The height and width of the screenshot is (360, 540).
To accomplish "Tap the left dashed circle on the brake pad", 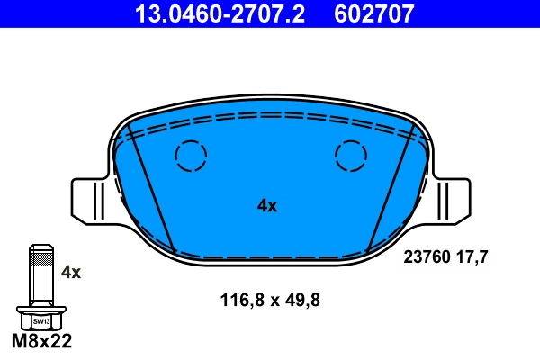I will coord(191,157).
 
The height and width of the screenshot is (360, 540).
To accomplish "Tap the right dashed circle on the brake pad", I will coord(350,157).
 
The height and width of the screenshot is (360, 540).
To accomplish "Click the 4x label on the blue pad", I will coord(267,205).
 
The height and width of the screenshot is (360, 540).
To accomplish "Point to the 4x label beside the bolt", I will coord(70,271).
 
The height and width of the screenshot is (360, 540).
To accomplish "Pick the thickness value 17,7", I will coord(471,256).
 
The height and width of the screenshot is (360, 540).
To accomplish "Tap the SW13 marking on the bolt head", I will coord(40,320).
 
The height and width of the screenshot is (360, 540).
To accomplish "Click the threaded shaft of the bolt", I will coord(40,279).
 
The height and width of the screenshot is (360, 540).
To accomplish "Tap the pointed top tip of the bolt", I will coord(40,247).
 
